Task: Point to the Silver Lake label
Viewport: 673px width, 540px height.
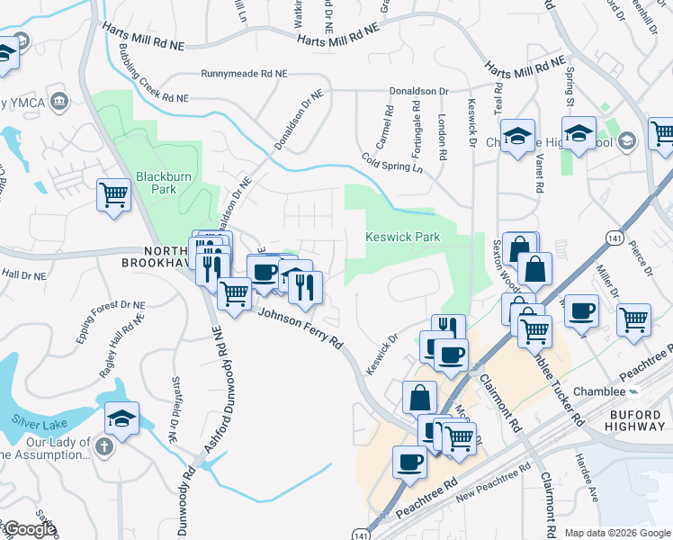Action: tap(37, 419)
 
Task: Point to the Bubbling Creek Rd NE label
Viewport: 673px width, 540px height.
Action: tap(154, 75)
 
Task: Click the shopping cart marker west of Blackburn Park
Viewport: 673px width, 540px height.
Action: tap(114, 193)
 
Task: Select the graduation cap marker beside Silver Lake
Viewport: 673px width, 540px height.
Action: tap(121, 418)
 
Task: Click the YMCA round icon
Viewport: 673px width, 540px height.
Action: tap(61, 100)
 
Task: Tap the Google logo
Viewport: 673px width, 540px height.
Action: tap(29, 529)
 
